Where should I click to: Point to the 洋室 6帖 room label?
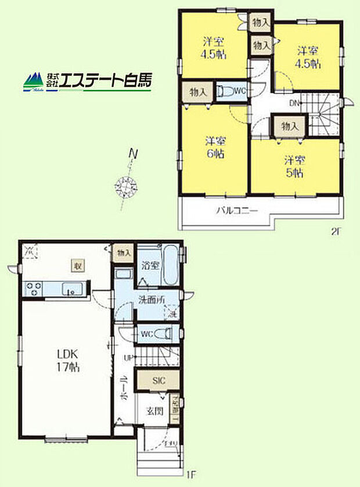[214, 148]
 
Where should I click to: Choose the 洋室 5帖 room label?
[294, 165]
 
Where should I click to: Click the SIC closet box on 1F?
[158, 381]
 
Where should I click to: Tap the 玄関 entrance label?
[154, 412]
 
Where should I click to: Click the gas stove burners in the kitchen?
[33, 288]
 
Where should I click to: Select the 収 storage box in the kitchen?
[76, 266]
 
